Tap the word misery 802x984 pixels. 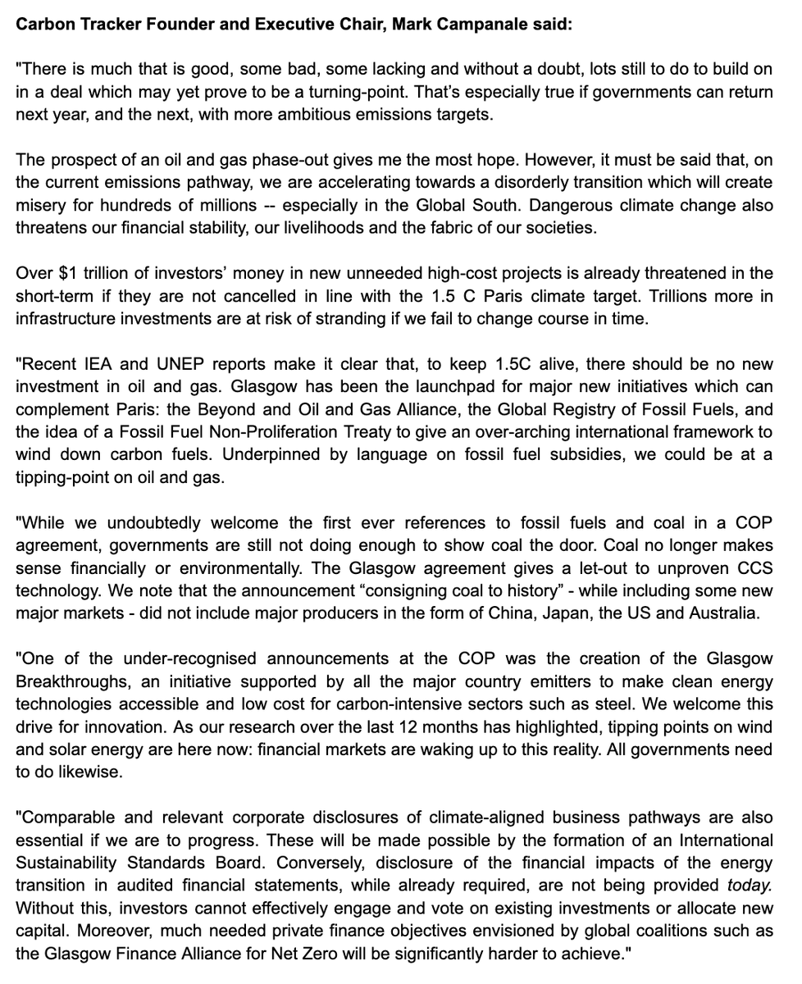[x=40, y=204]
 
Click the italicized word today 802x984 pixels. [x=750, y=886]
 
